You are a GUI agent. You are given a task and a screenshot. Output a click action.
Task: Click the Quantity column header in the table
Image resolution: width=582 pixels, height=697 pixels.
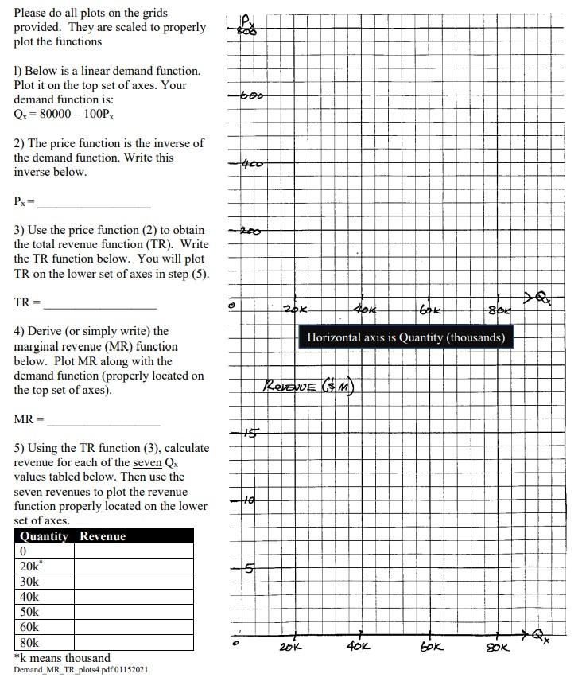[44, 536]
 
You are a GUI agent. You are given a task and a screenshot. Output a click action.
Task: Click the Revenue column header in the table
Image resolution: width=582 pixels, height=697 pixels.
[103, 536]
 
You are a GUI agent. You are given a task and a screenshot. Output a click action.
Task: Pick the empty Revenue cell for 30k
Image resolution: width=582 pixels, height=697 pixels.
[134, 582]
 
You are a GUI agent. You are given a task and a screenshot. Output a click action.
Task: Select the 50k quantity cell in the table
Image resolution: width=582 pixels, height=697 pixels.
[44, 612]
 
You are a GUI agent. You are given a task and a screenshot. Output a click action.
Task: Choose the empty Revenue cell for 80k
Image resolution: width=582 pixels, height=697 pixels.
[134, 642]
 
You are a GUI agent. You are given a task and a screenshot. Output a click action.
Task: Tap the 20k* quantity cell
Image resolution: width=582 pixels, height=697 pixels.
[44, 567]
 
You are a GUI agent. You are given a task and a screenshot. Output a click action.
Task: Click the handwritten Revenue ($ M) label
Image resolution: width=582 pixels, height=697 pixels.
[308, 387]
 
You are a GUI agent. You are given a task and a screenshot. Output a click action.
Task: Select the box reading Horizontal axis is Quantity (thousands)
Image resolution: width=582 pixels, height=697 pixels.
[405, 337]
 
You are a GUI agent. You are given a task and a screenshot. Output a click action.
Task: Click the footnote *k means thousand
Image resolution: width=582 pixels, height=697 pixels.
[63, 658]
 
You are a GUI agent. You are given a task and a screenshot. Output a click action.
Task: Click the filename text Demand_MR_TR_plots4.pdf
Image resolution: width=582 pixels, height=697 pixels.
[80, 670]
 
